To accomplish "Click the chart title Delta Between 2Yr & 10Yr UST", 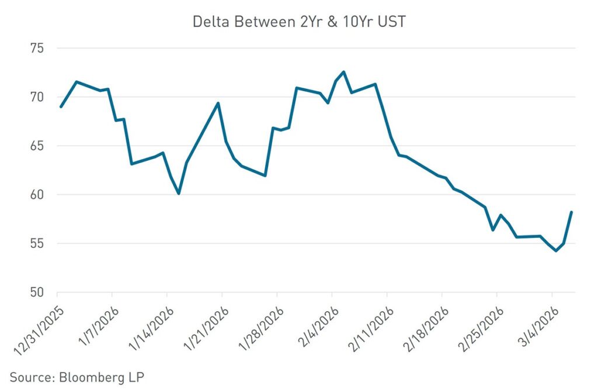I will (x=298, y=22).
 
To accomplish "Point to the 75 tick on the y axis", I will (x=39, y=49).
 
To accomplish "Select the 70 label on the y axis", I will (x=39, y=97).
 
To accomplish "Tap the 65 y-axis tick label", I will (x=39, y=146).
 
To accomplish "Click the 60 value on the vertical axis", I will (x=39, y=195).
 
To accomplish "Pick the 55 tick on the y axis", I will (x=39, y=244).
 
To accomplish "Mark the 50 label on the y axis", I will (x=39, y=292).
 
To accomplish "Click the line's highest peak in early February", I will (x=343, y=72).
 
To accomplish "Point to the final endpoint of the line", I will (x=571, y=212).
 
